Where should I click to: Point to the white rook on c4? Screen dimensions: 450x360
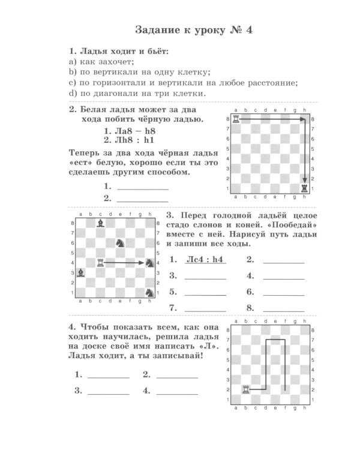point(101,262)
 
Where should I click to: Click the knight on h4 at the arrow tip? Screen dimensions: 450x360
point(149,262)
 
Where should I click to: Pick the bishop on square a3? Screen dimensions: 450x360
point(81,272)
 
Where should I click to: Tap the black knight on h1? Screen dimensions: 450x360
point(149,292)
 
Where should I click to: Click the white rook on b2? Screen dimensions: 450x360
point(245,389)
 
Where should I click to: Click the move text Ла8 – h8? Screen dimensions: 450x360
point(130,131)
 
